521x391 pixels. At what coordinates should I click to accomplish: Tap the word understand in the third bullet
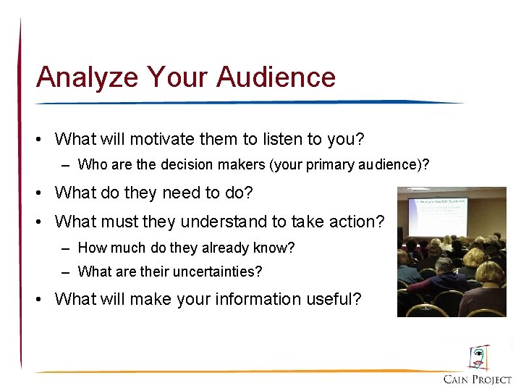point(234,222)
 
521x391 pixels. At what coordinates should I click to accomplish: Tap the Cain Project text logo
point(478,379)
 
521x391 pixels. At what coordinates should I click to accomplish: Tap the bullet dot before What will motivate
point(43,138)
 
